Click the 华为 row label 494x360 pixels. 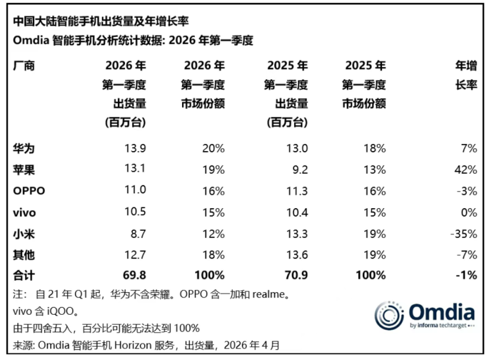point(24,148)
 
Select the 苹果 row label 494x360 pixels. point(24,170)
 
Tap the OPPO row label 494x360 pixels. point(29,191)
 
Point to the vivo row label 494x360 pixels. point(24,212)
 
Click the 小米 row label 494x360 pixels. point(24,234)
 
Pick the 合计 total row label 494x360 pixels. point(24,276)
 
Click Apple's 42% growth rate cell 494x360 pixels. point(465,170)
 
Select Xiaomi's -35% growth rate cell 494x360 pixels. point(464,234)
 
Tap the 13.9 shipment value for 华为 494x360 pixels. point(135,148)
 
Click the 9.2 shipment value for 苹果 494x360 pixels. point(300,170)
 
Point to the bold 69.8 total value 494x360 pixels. point(135,276)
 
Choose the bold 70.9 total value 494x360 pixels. point(296,276)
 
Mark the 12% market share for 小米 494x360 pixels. point(214,234)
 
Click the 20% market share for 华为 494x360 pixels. point(214,148)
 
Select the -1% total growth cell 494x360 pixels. point(467,276)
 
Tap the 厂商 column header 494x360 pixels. point(24,66)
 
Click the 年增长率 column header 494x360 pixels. point(466,76)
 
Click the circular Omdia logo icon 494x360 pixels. point(389,315)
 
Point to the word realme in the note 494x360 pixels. point(268,295)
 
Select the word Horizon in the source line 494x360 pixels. point(133,346)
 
